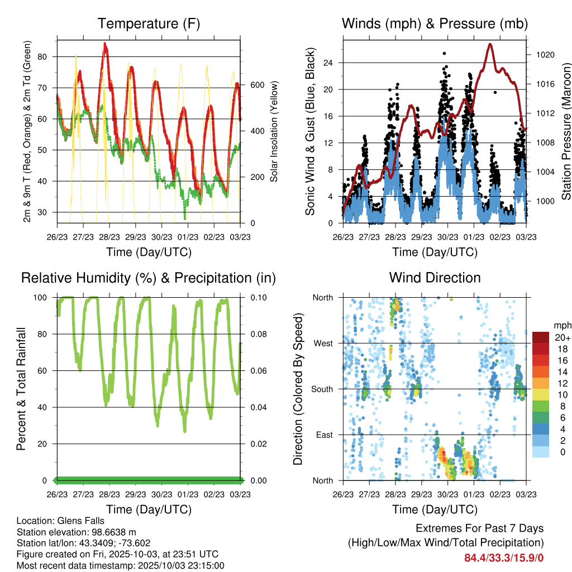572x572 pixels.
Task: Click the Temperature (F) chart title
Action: [x=149, y=23]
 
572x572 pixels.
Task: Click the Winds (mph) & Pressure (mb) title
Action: [x=435, y=23]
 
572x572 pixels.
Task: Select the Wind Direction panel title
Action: [x=435, y=277]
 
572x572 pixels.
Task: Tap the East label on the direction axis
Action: [x=324, y=435]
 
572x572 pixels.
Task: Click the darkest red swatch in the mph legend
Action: [x=540, y=337]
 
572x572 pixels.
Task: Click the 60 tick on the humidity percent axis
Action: [x=46, y=371]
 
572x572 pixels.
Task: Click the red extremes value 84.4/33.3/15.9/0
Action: [x=504, y=557]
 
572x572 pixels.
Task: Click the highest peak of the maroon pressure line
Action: [x=490, y=44]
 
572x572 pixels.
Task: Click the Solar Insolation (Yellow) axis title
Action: [x=274, y=132]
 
